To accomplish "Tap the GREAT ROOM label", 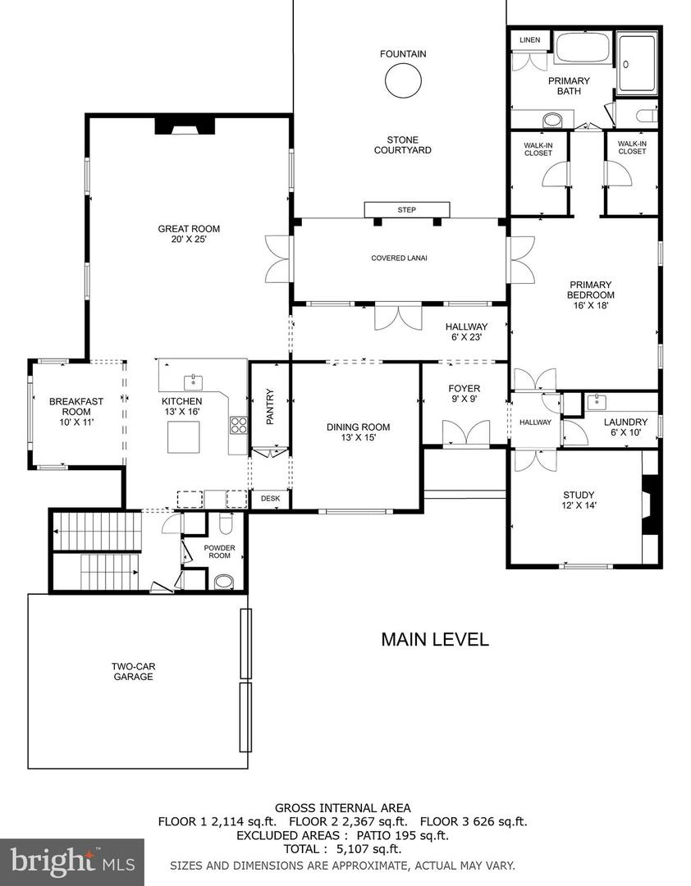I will tap(189, 229).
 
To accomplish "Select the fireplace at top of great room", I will tap(185, 125).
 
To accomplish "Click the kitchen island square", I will tap(184, 436).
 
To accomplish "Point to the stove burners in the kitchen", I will tap(238, 425).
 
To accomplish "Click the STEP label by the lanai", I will tap(406, 210).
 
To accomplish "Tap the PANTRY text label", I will tap(270, 406).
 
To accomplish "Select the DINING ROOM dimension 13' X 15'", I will tap(358, 438).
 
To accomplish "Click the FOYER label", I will tap(464, 389).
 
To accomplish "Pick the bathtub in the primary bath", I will tap(582, 48).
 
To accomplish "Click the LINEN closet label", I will tap(529, 40).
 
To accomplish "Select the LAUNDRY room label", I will tap(625, 422).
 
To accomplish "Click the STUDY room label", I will tap(578, 495).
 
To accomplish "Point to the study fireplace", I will tap(650, 505).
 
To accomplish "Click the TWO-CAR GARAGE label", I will tap(133, 671).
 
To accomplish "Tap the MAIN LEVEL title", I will tap(434, 639).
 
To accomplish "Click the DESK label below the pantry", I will tap(270, 498).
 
